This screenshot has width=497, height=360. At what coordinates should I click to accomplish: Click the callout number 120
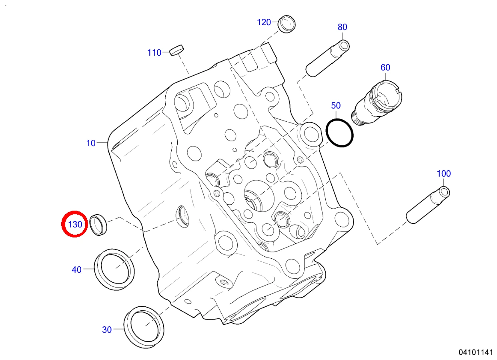[264, 22]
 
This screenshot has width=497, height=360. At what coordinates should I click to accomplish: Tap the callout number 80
[343, 27]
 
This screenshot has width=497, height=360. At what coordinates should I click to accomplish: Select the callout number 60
[385, 67]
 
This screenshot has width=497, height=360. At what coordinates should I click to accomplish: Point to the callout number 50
[336, 105]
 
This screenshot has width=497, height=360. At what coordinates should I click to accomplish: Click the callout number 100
[444, 173]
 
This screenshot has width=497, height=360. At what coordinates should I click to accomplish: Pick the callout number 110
[154, 52]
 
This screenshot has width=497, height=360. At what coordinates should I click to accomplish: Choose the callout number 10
[91, 143]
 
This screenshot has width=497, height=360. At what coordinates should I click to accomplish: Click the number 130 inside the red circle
[75, 225]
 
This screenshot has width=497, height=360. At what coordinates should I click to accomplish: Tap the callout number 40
[76, 269]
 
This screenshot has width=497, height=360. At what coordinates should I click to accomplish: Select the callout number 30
[107, 330]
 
